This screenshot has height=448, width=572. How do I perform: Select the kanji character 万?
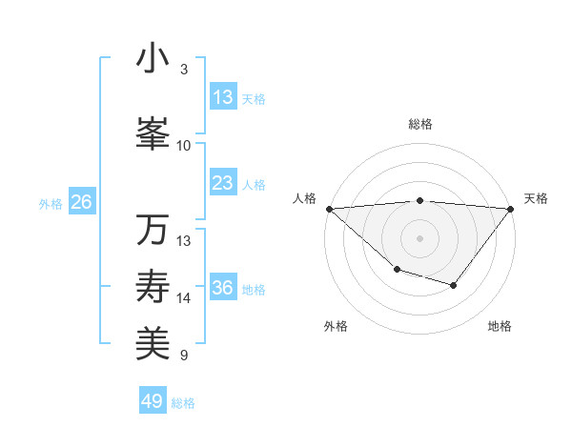[x=153, y=230]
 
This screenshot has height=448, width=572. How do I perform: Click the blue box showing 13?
[x=223, y=97]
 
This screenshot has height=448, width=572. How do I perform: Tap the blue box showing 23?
[x=223, y=183]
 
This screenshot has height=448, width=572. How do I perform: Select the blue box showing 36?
[x=223, y=288]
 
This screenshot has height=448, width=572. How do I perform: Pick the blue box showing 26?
[x=81, y=202]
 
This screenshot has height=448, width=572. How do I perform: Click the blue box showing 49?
[x=153, y=401]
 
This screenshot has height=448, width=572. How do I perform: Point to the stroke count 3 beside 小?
[x=184, y=70]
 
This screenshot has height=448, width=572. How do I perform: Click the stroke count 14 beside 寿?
[x=184, y=298]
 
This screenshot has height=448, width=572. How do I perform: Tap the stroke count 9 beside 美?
[x=184, y=356]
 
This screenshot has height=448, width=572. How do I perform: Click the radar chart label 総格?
[x=420, y=124]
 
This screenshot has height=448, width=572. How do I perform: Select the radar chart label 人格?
[x=304, y=198]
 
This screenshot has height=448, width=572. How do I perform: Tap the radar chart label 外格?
[x=336, y=326]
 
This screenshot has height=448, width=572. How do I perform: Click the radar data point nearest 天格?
[x=511, y=208]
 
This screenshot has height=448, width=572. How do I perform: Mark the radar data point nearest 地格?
[x=454, y=285]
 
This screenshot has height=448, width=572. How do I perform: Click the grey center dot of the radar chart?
[x=420, y=237]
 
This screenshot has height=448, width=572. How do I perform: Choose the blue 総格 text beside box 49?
[x=183, y=402]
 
